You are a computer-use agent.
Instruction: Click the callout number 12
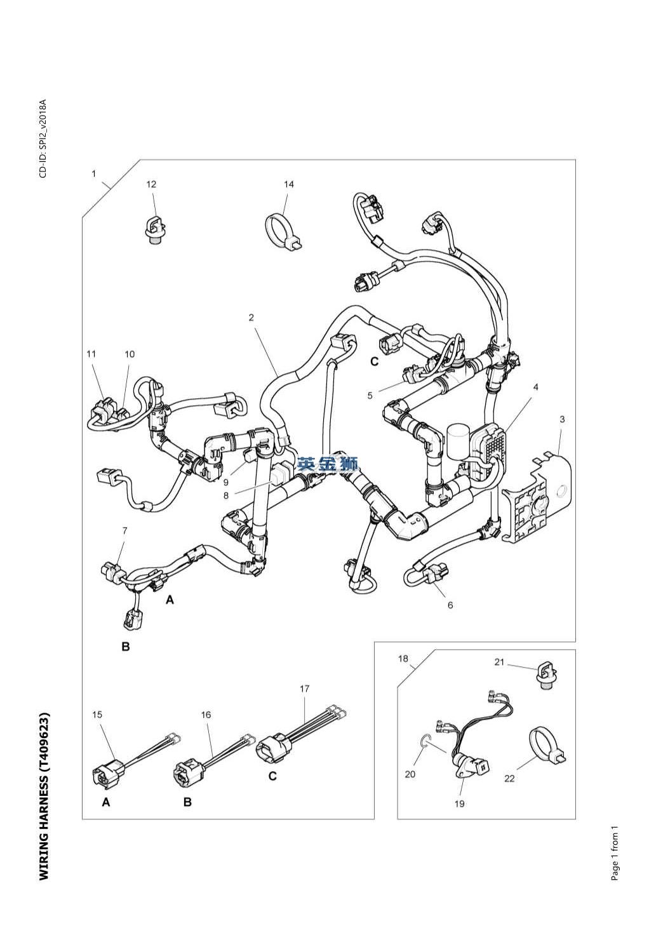pos(151,185)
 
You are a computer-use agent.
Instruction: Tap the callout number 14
pos(289,185)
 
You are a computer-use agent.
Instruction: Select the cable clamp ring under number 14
pos(280,229)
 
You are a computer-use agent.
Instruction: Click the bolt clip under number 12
pos(153,230)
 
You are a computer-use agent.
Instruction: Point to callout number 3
pos(562,419)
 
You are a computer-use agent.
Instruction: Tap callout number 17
pos(305,689)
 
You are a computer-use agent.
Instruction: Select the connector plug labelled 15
pos(105,774)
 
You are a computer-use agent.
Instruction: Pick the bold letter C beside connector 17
pos(272,776)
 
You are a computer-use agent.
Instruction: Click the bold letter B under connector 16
pos(187,802)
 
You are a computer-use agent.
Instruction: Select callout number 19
pos(460,804)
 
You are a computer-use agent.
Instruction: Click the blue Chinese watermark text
pos(328,464)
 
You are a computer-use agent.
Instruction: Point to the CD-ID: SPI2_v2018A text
pos(43,138)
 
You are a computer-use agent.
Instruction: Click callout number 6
pos(450,605)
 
